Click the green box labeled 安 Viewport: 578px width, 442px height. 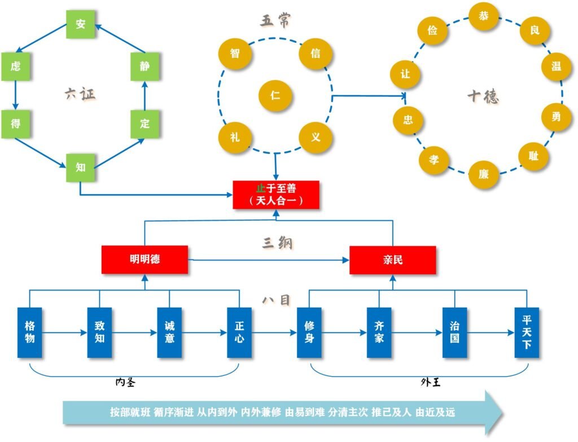pyautogui.click(x=80, y=24)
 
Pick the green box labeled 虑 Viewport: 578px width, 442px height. pyautogui.click(x=15, y=66)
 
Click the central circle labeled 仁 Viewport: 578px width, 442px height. pyautogui.click(x=275, y=95)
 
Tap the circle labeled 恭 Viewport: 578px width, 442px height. pyautogui.click(x=484, y=16)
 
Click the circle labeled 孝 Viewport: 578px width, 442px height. pyautogui.click(x=434, y=160)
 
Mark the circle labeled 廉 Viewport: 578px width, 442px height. pyautogui.click(x=484, y=174)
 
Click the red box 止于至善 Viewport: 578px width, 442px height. pyautogui.click(x=276, y=194)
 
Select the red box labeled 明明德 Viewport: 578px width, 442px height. pyautogui.click(x=144, y=260)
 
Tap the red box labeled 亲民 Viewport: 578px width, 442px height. pyautogui.click(x=392, y=260)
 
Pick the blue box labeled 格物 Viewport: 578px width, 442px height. pyautogui.click(x=30, y=332)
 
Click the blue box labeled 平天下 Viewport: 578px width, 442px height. pyautogui.click(x=527, y=332)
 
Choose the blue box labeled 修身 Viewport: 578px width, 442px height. pyautogui.click(x=309, y=332)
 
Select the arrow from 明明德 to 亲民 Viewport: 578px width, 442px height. pyautogui.click(x=269, y=260)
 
